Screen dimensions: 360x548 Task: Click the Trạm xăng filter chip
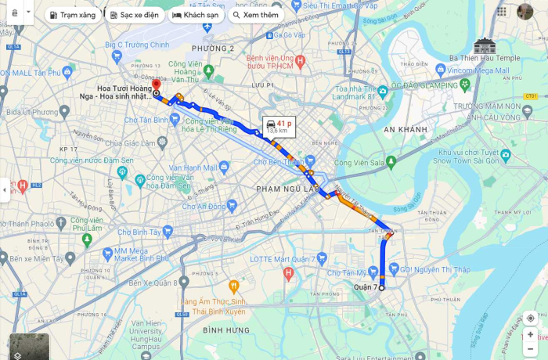74,15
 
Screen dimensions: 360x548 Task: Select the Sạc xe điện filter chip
133,15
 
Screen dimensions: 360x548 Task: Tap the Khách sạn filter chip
196,15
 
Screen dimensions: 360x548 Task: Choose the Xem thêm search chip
255,15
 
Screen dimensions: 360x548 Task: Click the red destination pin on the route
156,85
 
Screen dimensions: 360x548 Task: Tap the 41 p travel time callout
278,126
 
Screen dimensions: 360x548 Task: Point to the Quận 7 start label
365,287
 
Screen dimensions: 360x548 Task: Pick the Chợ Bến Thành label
278,162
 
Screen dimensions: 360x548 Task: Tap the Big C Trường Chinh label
137,45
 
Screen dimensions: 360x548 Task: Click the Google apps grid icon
502,12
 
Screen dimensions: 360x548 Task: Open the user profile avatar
525,12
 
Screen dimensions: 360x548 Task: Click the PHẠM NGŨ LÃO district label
284,189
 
